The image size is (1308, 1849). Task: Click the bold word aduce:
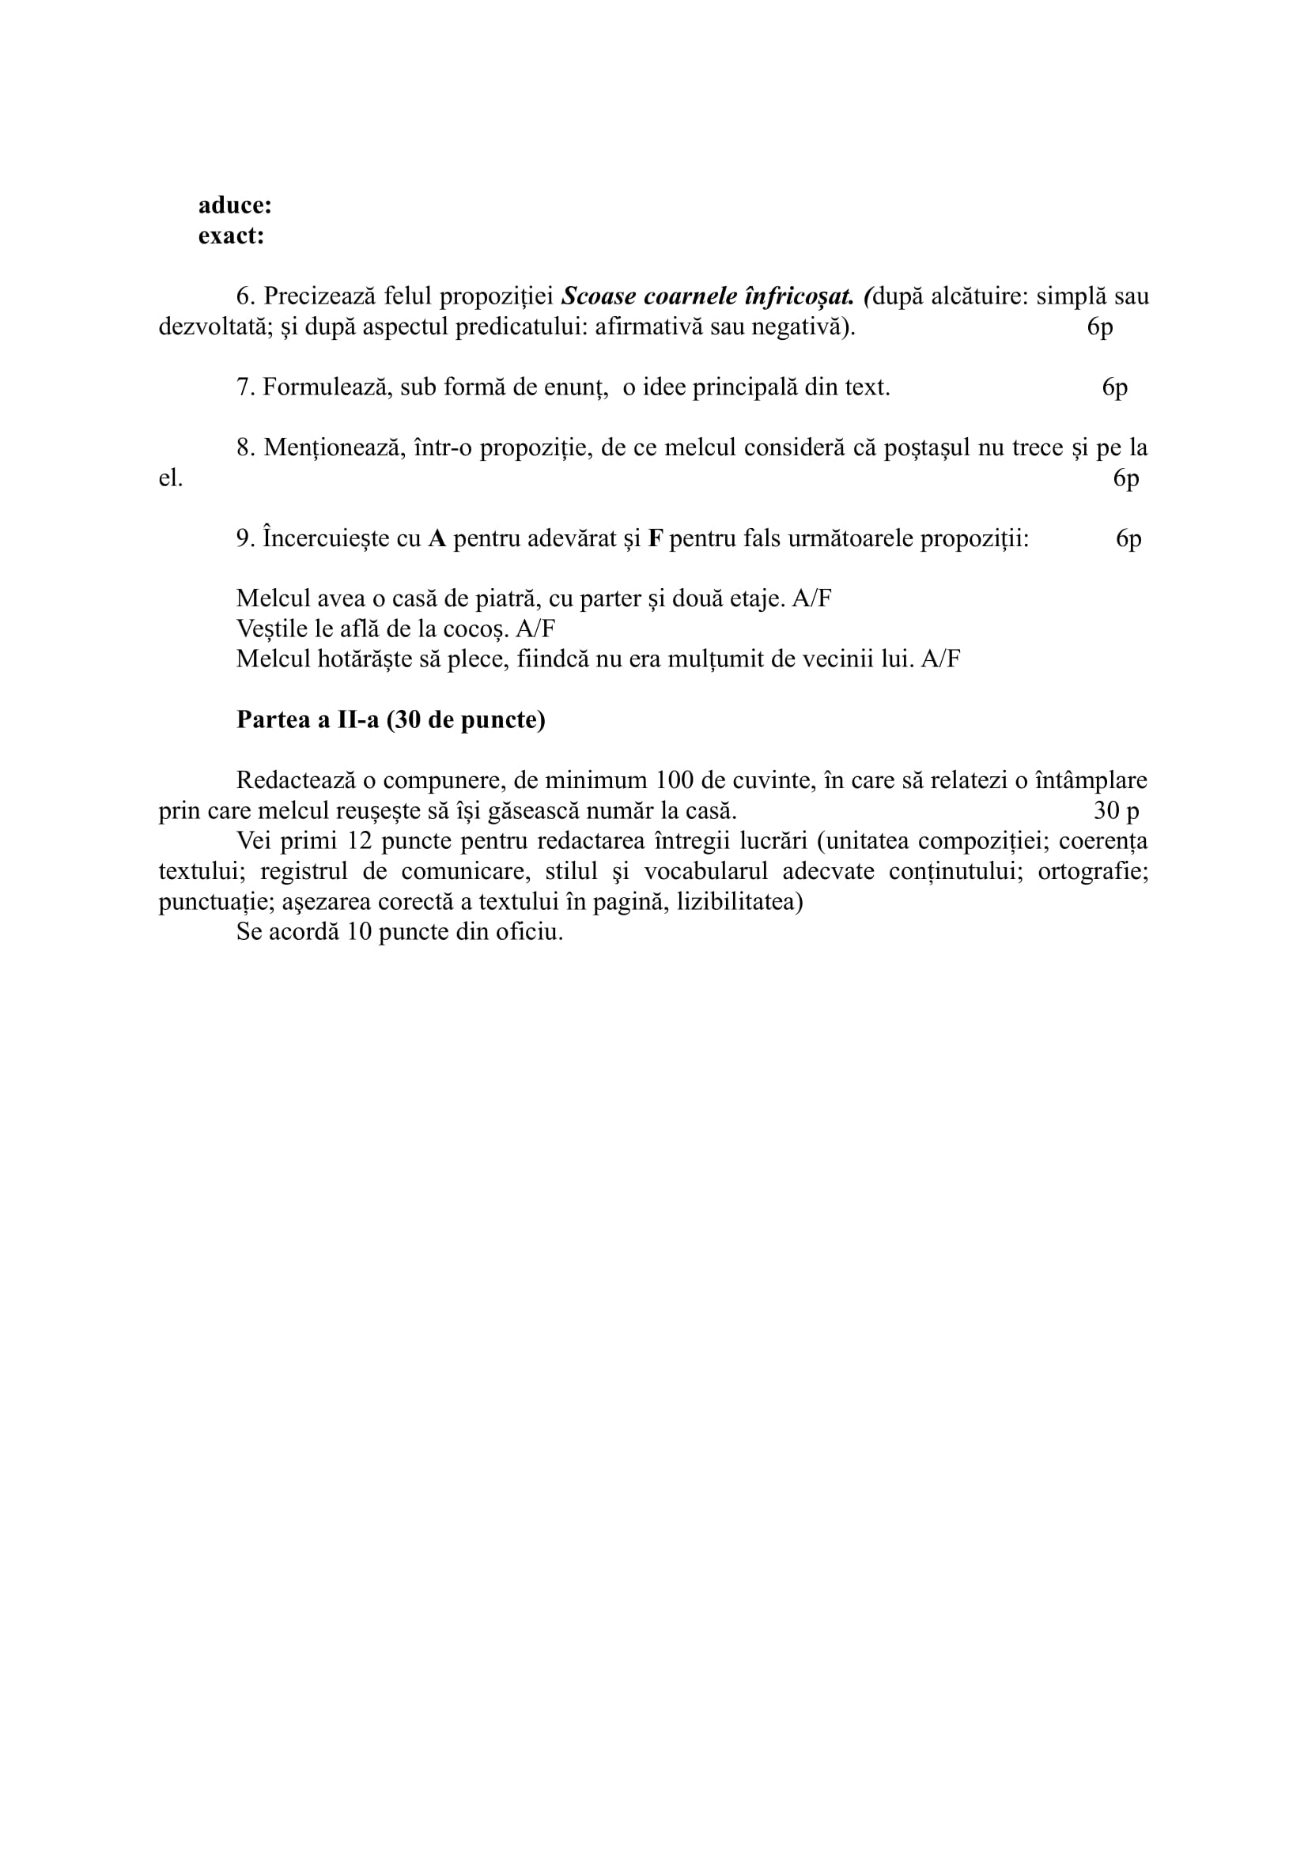(234, 206)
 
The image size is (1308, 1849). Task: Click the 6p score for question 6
(1099, 327)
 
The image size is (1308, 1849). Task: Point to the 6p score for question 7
(1115, 387)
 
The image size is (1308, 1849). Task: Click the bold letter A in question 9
(437, 539)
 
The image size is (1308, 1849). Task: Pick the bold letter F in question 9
(656, 539)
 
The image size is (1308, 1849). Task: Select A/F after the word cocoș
(535, 629)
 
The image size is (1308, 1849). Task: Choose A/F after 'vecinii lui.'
(941, 658)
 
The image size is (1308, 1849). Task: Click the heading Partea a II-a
(391, 719)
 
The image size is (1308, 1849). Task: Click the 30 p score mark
(1117, 810)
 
